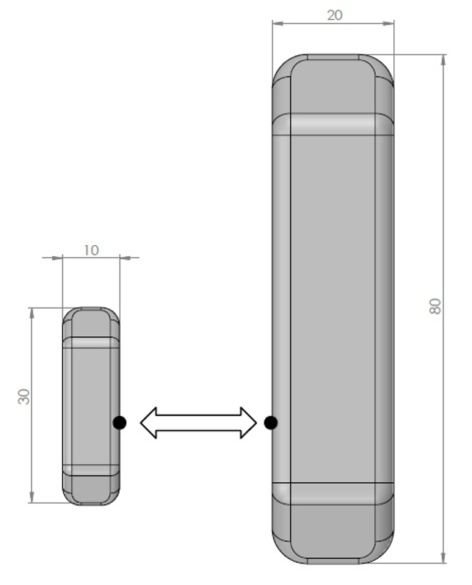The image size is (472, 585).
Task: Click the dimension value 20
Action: click(335, 15)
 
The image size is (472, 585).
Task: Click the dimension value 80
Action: click(436, 307)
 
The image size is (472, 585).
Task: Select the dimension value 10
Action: click(90, 250)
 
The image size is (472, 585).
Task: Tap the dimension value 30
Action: click(24, 397)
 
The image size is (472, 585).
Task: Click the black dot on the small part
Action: click(120, 422)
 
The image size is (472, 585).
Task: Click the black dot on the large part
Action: click(271, 422)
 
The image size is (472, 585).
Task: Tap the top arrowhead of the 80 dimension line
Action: click(443, 59)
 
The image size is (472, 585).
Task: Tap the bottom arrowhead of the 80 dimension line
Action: click(443, 558)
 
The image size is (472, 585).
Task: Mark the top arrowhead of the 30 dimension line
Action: click(32, 313)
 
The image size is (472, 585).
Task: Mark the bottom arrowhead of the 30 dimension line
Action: click(32, 498)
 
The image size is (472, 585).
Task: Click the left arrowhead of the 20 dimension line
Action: click(277, 23)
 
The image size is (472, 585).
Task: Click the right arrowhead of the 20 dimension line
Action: click(389, 23)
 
